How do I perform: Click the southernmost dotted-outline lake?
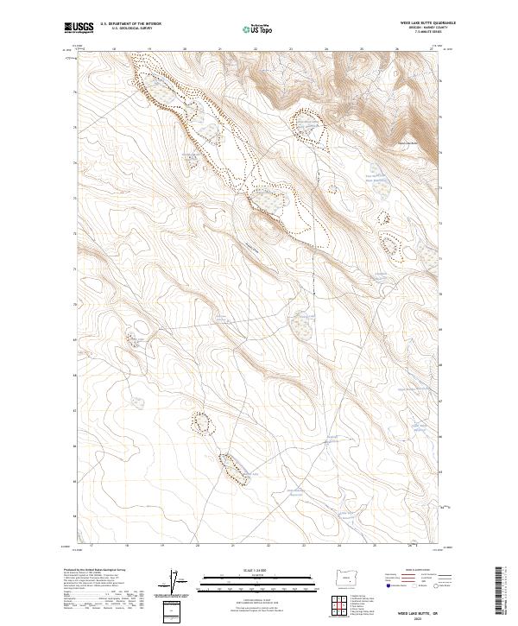tap(229, 466)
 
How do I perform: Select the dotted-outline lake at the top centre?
tap(306, 126)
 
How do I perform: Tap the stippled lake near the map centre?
tap(302, 326)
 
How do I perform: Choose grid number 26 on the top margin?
tap(396, 49)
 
